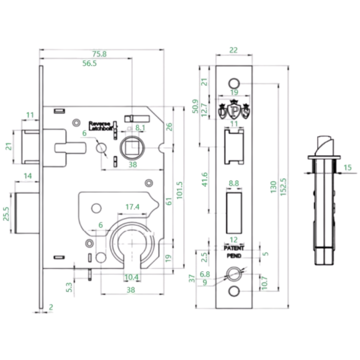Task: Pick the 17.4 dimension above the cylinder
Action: [132, 206]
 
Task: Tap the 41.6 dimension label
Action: [205, 181]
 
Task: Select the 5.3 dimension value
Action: [69, 286]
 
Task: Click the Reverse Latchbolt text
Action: [100, 125]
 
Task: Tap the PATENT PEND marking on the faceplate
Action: [234, 251]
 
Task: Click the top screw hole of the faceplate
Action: [234, 83]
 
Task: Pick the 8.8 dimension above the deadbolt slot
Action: [234, 183]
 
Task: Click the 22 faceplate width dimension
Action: [233, 50]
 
